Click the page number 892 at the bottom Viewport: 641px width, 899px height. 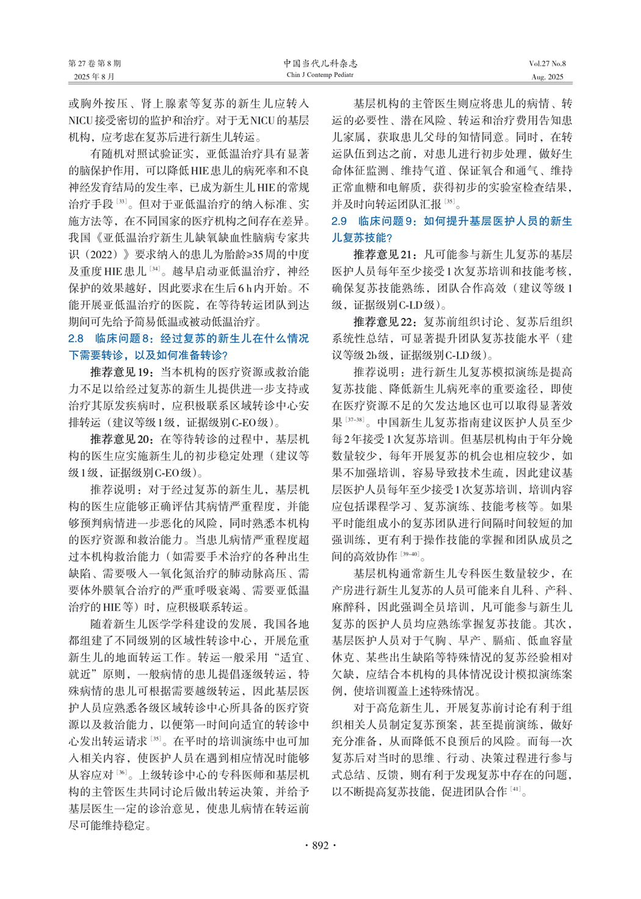(x=320, y=845)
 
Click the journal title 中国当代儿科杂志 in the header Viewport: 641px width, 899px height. (x=320, y=63)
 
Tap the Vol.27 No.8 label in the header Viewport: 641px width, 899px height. (x=547, y=63)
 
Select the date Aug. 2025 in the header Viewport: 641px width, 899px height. (x=548, y=77)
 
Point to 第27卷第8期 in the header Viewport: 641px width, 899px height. (x=95, y=63)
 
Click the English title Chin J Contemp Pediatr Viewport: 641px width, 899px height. (x=320, y=75)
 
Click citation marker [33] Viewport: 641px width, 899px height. (x=121, y=201)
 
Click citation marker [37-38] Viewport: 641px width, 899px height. (x=355, y=420)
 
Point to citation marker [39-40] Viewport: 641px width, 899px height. (x=410, y=554)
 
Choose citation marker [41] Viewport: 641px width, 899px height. (x=516, y=790)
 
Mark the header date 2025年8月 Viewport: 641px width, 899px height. (x=94, y=77)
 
